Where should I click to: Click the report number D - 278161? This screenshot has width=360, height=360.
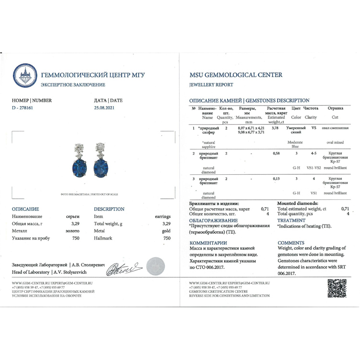[x=21, y=108]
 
